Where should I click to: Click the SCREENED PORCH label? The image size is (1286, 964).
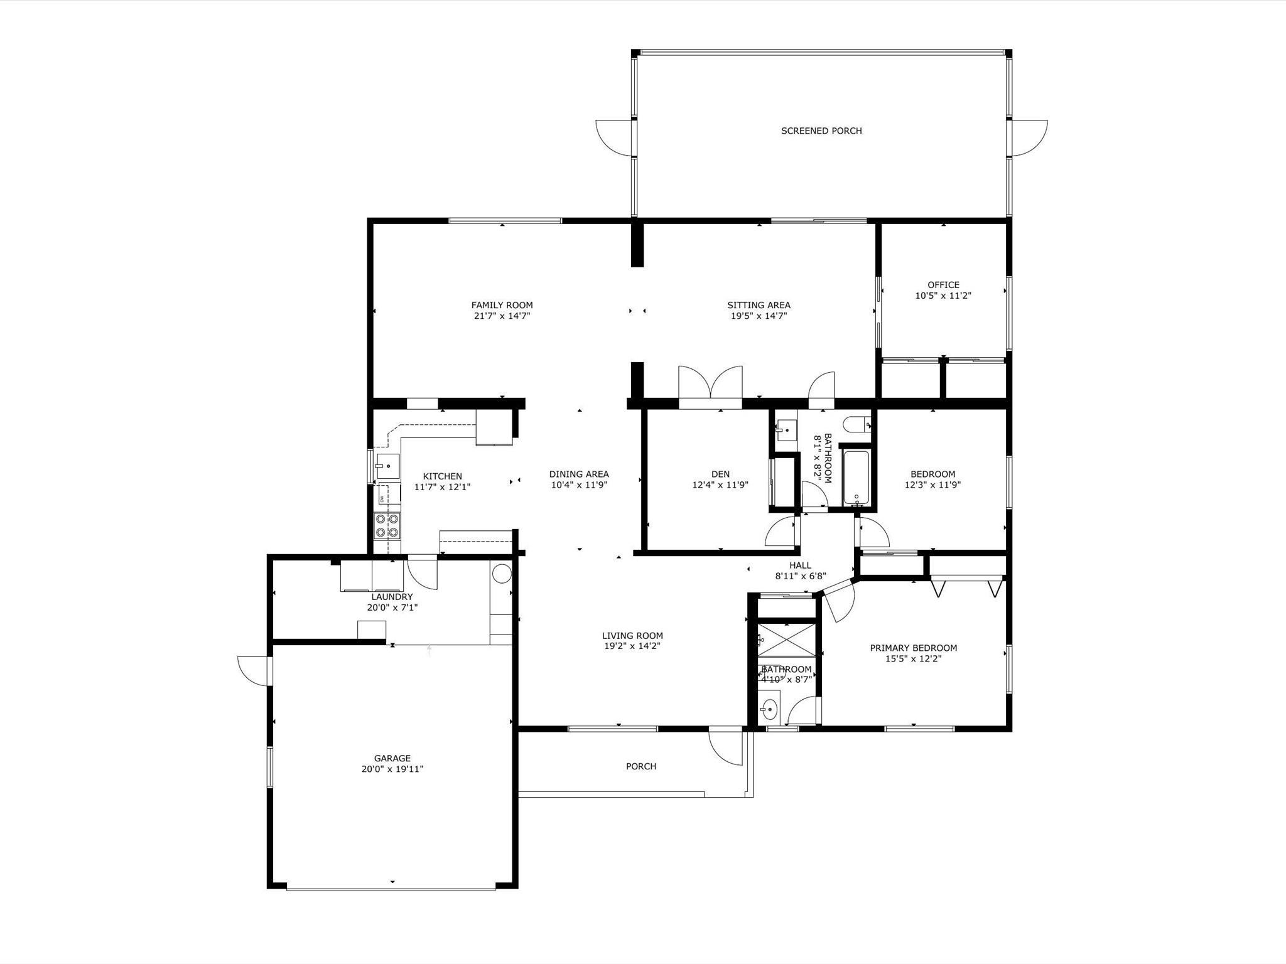(821, 131)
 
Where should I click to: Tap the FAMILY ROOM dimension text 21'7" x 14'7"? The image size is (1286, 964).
(502, 316)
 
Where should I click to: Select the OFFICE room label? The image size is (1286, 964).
(943, 285)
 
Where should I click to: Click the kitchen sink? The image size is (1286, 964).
(387, 466)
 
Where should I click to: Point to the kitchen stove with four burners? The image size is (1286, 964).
(387, 526)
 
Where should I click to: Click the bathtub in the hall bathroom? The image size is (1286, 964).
(856, 478)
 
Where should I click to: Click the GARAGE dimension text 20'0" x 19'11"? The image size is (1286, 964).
(392, 769)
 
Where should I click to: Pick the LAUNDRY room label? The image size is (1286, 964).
(392, 597)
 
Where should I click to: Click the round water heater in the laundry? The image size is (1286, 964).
(502, 574)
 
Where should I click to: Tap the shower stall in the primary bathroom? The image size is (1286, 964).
(786, 639)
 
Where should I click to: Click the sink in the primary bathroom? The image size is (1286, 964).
(769, 710)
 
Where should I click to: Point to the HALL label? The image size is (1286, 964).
(800, 565)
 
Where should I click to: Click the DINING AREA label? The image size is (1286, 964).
(579, 474)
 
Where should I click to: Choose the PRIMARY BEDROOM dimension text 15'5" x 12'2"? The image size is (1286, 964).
(913, 659)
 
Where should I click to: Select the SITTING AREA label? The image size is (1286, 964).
(759, 305)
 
